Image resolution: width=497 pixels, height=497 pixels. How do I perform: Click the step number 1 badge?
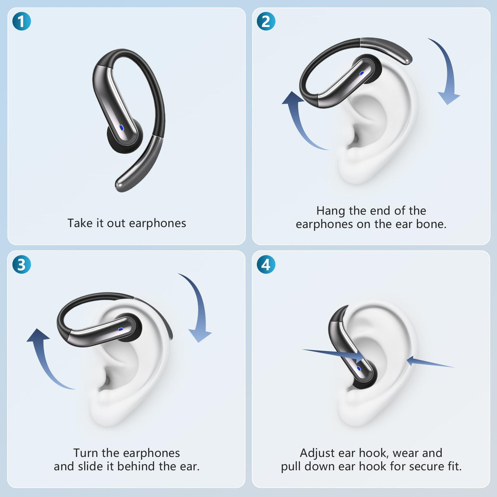(x=22, y=21)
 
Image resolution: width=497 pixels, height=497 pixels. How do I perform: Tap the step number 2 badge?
(x=266, y=21)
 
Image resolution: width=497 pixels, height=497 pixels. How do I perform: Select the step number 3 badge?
(x=22, y=264)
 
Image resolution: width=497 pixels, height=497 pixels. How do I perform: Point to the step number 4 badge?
(x=266, y=264)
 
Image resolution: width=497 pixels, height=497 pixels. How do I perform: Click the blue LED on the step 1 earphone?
(x=122, y=127)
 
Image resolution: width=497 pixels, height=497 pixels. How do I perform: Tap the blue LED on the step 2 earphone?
(x=361, y=73)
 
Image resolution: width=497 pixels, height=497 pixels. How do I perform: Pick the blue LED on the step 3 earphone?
(x=120, y=329)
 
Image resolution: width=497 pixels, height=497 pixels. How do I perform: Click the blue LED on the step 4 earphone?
(x=359, y=368)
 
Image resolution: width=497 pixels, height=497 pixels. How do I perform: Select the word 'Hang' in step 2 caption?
(x=331, y=211)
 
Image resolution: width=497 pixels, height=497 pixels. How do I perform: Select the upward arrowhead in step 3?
(x=38, y=335)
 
